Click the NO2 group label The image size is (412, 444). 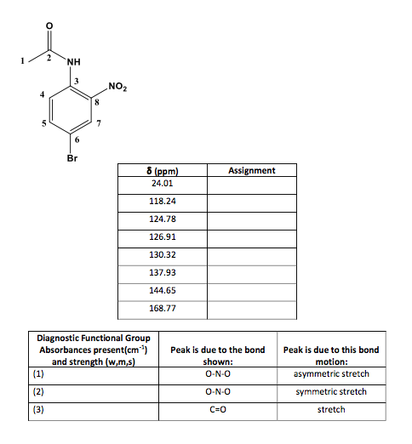click(x=118, y=86)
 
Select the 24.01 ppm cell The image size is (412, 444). click(x=162, y=183)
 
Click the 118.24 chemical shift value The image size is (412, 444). click(x=162, y=202)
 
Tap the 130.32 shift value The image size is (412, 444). click(x=162, y=254)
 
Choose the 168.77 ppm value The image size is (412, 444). click(x=162, y=307)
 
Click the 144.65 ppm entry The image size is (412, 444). click(x=162, y=290)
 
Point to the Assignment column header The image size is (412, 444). click(x=251, y=171)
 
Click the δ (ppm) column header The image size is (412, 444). click(x=162, y=172)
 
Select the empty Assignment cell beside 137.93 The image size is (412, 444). click(x=251, y=272)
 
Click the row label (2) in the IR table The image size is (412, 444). click(x=37, y=391)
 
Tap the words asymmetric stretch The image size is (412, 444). click(x=330, y=373)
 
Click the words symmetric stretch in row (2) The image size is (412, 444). click(x=330, y=391)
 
